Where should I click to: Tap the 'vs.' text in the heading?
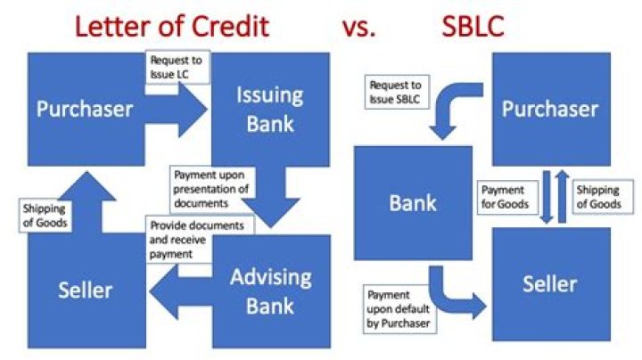point(358,27)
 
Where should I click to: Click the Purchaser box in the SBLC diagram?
point(550,109)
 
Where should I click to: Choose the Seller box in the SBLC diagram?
point(550,285)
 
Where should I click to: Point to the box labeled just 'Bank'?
point(413,203)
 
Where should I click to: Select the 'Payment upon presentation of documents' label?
point(210,188)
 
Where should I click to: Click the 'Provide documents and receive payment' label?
point(198,239)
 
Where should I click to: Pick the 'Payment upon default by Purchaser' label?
point(398,307)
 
